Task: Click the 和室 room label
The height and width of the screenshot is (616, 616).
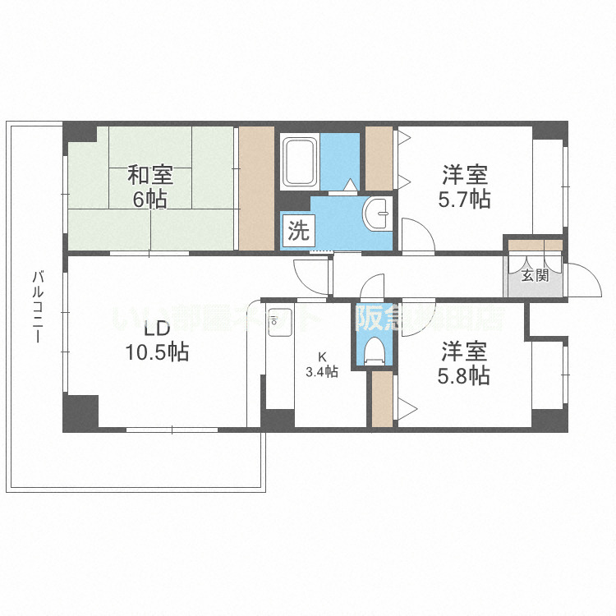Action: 149,175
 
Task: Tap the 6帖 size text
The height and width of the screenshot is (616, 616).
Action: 149,199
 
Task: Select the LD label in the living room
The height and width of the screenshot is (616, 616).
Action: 157,329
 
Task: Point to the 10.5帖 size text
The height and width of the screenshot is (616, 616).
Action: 157,352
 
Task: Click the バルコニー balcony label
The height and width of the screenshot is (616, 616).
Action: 38,311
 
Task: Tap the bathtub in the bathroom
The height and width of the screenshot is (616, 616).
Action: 300,162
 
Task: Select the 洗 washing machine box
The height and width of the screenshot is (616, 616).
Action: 297,231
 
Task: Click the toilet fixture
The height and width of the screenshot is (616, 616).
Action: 374,350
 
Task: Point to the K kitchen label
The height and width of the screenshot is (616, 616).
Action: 323,357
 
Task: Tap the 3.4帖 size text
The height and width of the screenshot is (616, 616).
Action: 322,372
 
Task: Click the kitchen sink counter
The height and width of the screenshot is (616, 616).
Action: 278,361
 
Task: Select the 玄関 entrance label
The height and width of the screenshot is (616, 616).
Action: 534,276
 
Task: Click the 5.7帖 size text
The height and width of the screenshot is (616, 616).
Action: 466,199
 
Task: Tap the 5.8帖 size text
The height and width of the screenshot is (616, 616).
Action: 466,375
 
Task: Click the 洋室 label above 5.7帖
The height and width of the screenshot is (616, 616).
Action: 466,175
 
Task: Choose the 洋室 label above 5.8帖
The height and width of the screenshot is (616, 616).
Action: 466,352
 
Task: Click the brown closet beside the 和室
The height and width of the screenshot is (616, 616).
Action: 255,189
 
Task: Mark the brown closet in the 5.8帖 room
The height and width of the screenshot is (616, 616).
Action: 381,399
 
